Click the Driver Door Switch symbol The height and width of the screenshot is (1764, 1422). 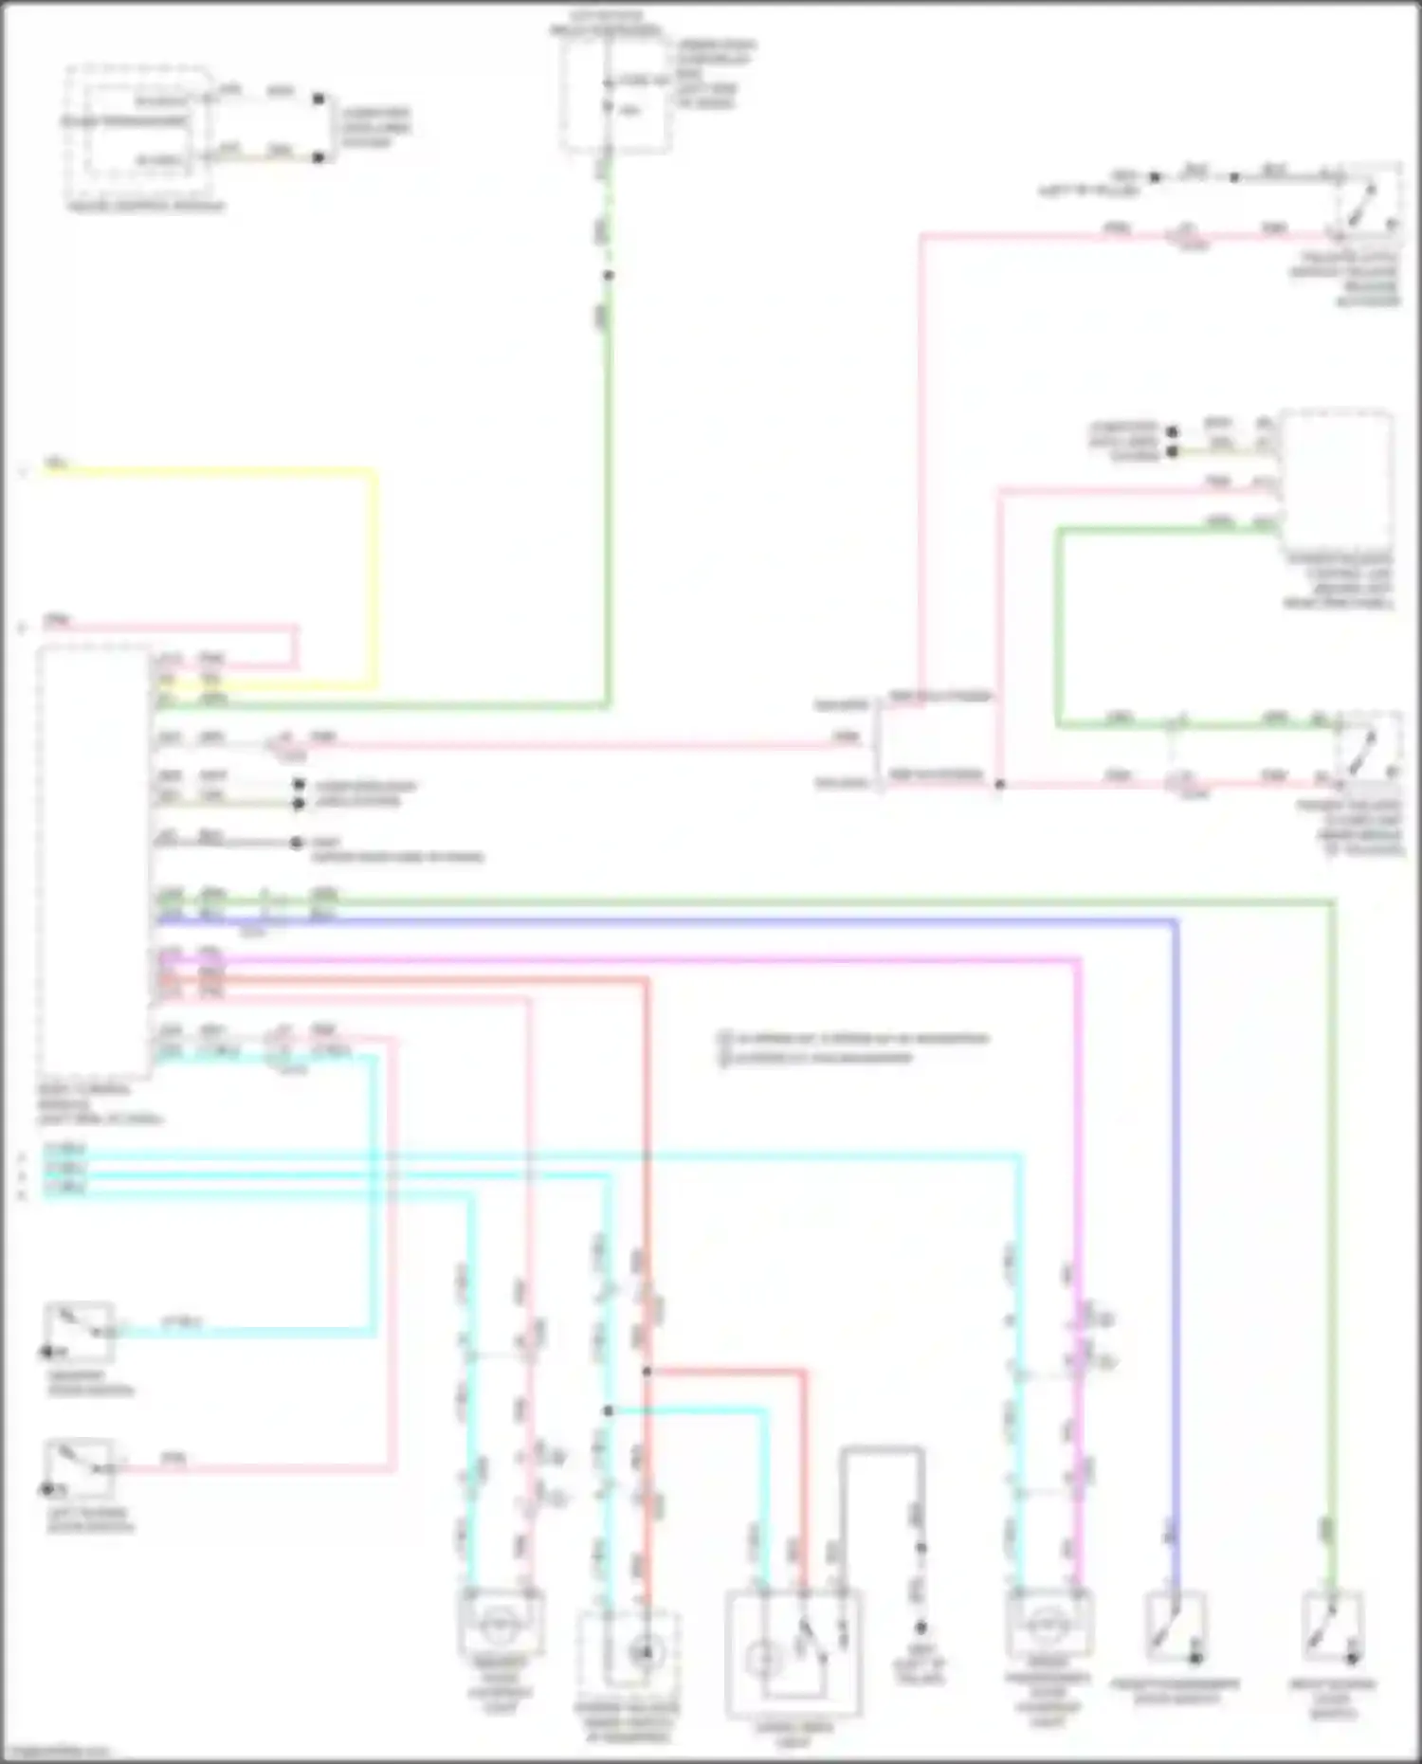80,1333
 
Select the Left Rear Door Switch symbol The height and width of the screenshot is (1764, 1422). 80,1469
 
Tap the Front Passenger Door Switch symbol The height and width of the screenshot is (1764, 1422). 1176,1628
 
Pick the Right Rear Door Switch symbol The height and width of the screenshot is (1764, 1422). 1333,1628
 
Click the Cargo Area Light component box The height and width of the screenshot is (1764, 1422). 793,1653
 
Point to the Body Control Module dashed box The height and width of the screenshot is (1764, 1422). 94,863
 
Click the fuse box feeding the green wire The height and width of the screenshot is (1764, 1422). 616,95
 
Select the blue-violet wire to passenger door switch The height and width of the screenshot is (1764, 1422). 1176,1232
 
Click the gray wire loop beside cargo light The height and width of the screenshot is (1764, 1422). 882,1449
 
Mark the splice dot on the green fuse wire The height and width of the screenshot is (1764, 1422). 609,276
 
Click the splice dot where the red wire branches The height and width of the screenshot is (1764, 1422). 647,1372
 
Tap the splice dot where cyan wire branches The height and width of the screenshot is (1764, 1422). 609,1411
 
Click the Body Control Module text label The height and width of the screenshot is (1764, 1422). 99,1104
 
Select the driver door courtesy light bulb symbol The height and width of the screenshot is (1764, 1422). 500,1626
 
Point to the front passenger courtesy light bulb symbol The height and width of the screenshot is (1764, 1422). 1048,1626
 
